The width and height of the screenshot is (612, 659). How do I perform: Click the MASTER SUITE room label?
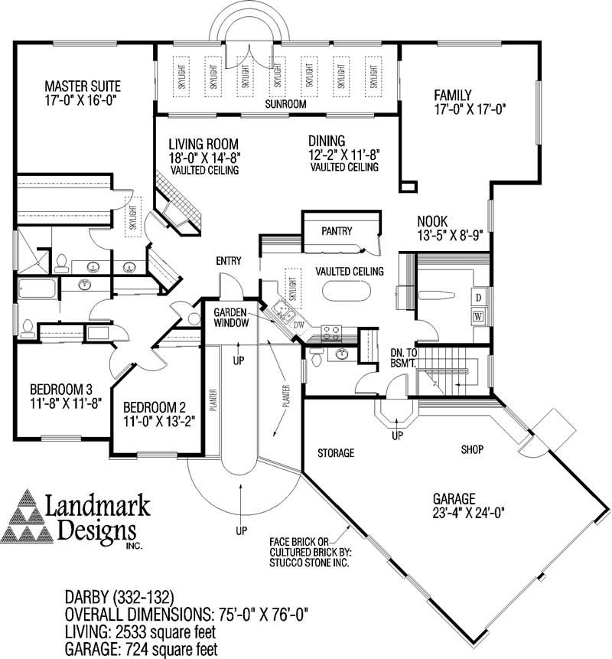[x=82, y=85]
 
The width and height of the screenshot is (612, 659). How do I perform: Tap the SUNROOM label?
[x=285, y=103]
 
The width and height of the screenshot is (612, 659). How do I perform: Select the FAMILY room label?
[x=453, y=96]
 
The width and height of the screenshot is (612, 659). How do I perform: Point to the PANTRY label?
[x=336, y=230]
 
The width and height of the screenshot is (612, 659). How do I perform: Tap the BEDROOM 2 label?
[x=153, y=406]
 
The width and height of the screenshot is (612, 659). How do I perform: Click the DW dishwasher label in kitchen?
[x=299, y=325]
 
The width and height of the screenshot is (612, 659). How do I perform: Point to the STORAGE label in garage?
[x=336, y=453]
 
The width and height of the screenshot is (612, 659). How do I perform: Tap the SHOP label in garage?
[x=473, y=449]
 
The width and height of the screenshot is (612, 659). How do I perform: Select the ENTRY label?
[x=228, y=262]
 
